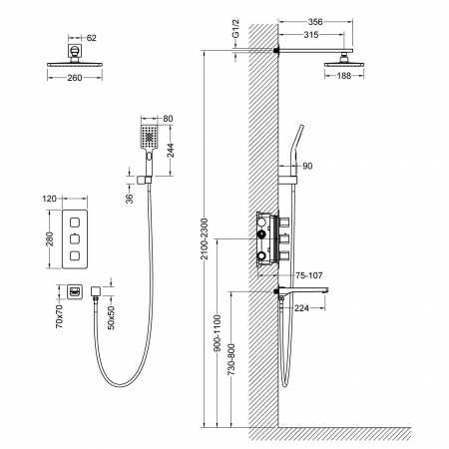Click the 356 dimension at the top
click(315, 22)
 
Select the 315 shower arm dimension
click(311, 35)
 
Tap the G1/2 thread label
click(235, 29)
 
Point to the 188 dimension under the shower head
click(344, 76)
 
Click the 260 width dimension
click(75, 78)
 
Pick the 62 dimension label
click(92, 38)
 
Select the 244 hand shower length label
click(170, 150)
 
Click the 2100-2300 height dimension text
click(205, 238)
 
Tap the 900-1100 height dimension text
click(217, 333)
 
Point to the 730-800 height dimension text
click(231, 359)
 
